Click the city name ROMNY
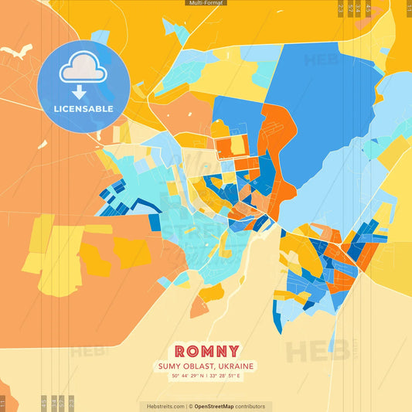point(206,351)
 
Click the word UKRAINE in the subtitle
point(237,366)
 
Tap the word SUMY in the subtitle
point(170,366)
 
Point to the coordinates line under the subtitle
point(206,376)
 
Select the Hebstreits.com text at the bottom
point(165,406)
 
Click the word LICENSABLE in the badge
point(83,109)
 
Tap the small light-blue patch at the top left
point(100,36)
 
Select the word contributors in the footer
point(250,406)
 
